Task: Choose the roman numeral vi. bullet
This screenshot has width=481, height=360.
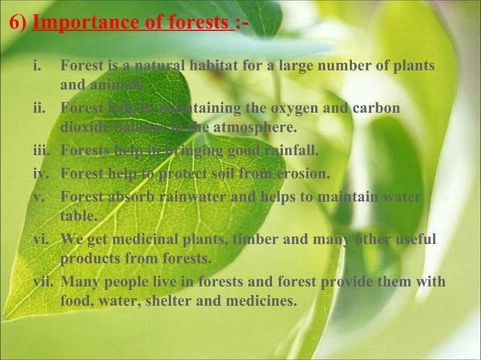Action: (41, 240)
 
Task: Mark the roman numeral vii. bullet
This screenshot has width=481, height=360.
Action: (42, 282)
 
